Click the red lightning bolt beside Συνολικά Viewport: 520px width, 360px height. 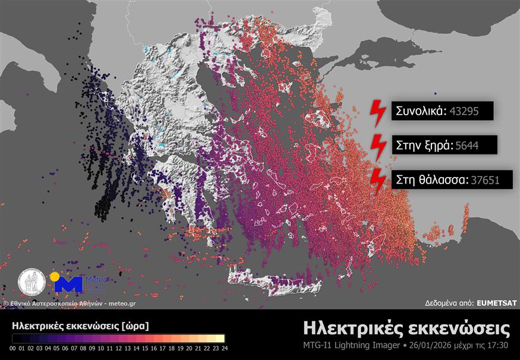pyautogui.click(x=377, y=110)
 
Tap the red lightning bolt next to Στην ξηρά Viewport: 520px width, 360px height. pyautogui.click(x=377, y=145)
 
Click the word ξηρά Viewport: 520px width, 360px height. pyautogui.click(x=437, y=144)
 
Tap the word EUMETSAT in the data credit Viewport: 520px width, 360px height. pyautogui.click(x=497, y=303)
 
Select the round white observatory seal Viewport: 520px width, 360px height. pyautogui.click(x=31, y=282)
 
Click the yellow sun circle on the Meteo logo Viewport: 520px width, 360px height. pyautogui.click(x=55, y=277)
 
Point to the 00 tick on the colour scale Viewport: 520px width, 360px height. pyautogui.click(x=13, y=348)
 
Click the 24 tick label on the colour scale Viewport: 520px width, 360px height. pyautogui.click(x=224, y=348)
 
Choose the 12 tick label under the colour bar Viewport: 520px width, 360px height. pyautogui.click(x=119, y=348)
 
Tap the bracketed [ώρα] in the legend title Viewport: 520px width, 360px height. pyautogui.click(x=134, y=326)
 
